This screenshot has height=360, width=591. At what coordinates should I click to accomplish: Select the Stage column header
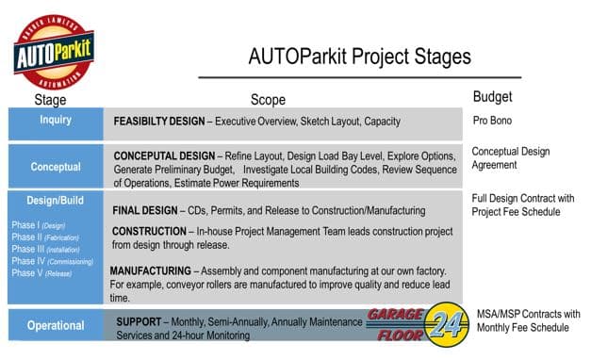[x=50, y=99]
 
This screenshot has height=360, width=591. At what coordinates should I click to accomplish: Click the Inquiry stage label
[x=55, y=121]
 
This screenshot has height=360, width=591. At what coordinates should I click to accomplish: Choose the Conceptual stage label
[x=55, y=167]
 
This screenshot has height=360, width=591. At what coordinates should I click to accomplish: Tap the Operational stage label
[x=55, y=326]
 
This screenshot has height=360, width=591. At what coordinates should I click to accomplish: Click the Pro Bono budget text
[x=493, y=122]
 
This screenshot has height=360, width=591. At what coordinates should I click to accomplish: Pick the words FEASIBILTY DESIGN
[x=160, y=122]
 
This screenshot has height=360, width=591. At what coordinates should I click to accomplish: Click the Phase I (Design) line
[x=39, y=225]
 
